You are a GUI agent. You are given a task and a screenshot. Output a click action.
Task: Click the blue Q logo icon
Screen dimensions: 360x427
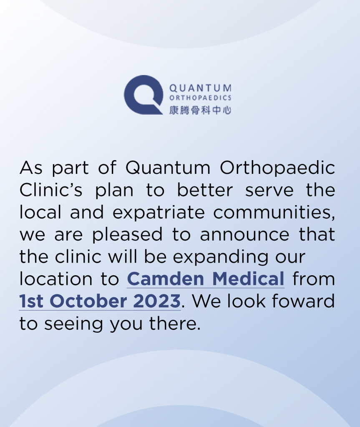tap(143, 95)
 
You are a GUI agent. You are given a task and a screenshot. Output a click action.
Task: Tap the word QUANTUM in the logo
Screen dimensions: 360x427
tap(200, 88)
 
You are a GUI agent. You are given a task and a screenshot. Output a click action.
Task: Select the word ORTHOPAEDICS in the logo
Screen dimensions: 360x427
tap(200, 98)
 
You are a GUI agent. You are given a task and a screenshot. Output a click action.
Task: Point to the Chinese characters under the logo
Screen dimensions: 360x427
tap(200, 110)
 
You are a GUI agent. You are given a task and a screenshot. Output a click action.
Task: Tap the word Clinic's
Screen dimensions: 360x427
tap(51, 190)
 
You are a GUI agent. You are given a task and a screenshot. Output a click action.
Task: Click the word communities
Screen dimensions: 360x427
tap(274, 213)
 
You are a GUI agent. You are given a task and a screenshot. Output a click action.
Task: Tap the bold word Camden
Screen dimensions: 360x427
tap(166, 279)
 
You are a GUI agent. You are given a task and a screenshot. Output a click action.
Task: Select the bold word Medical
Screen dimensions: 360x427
tap(248, 279)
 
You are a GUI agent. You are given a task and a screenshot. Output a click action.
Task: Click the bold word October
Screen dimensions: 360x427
tap(88, 301)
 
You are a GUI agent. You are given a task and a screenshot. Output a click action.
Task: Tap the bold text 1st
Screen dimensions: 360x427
tap(31, 301)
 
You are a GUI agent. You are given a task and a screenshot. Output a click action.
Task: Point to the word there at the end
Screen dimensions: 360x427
tap(175, 323)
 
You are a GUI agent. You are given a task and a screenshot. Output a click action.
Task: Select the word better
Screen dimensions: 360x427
tap(205, 190)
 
